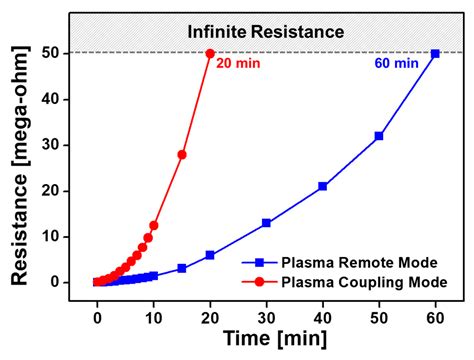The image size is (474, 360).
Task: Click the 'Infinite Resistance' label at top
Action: pos(266,33)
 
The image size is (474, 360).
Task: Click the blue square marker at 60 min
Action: pos(435,53)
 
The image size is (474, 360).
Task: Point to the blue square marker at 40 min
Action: pos(322,186)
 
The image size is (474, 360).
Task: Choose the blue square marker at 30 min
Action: pos(266,223)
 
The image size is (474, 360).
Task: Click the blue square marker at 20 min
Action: pos(210,255)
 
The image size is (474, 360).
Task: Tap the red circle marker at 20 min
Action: pos(210,53)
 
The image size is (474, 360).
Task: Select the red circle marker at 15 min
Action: pos(182,154)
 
